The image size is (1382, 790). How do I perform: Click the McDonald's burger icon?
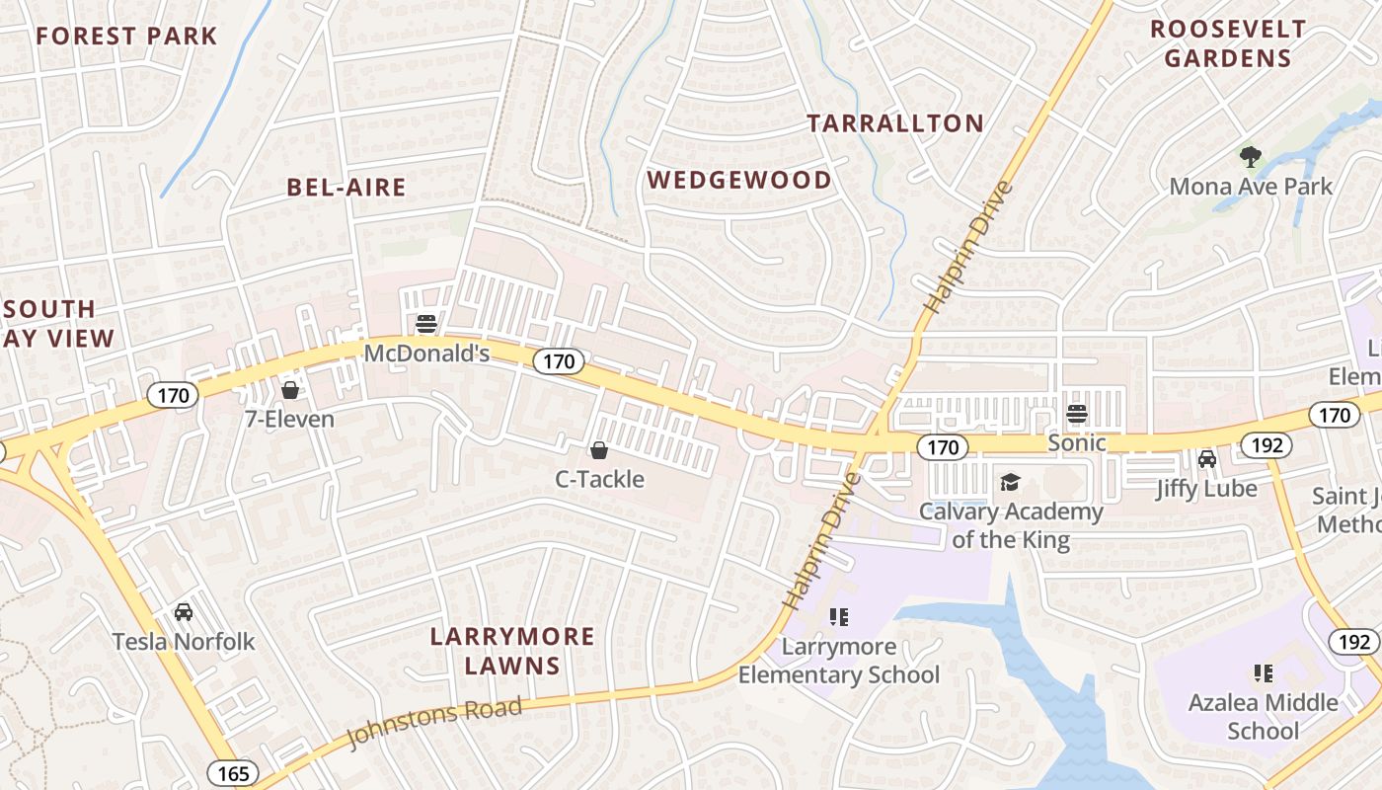coord(426,323)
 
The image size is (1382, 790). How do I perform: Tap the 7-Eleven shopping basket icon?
coord(290,390)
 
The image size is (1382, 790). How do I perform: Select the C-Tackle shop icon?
coord(598,451)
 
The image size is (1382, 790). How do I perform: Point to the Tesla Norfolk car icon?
coord(184,612)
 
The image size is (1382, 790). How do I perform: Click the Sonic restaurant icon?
coord(1077,414)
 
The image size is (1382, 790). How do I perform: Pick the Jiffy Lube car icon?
coord(1206,459)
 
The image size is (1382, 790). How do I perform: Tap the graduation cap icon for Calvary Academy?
coord(1010,483)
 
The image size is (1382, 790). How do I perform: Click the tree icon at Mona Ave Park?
coord(1250,157)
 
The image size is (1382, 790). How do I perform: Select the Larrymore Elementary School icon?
coord(839,618)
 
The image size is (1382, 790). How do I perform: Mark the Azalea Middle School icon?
coord(1263,673)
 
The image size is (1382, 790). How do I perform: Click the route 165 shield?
coord(234,772)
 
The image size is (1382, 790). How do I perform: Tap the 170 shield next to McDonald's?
coord(559,361)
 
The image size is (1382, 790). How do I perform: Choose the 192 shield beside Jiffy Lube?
coord(1266,444)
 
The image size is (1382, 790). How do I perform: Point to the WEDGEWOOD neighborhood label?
coord(739,180)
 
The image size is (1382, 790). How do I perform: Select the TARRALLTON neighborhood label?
coord(895,123)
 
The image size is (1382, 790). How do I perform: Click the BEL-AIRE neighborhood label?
coord(346,188)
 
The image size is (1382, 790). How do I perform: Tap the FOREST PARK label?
coord(126,37)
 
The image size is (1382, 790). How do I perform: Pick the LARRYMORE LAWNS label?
coord(512,651)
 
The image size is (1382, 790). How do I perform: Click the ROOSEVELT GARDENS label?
coord(1228,43)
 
